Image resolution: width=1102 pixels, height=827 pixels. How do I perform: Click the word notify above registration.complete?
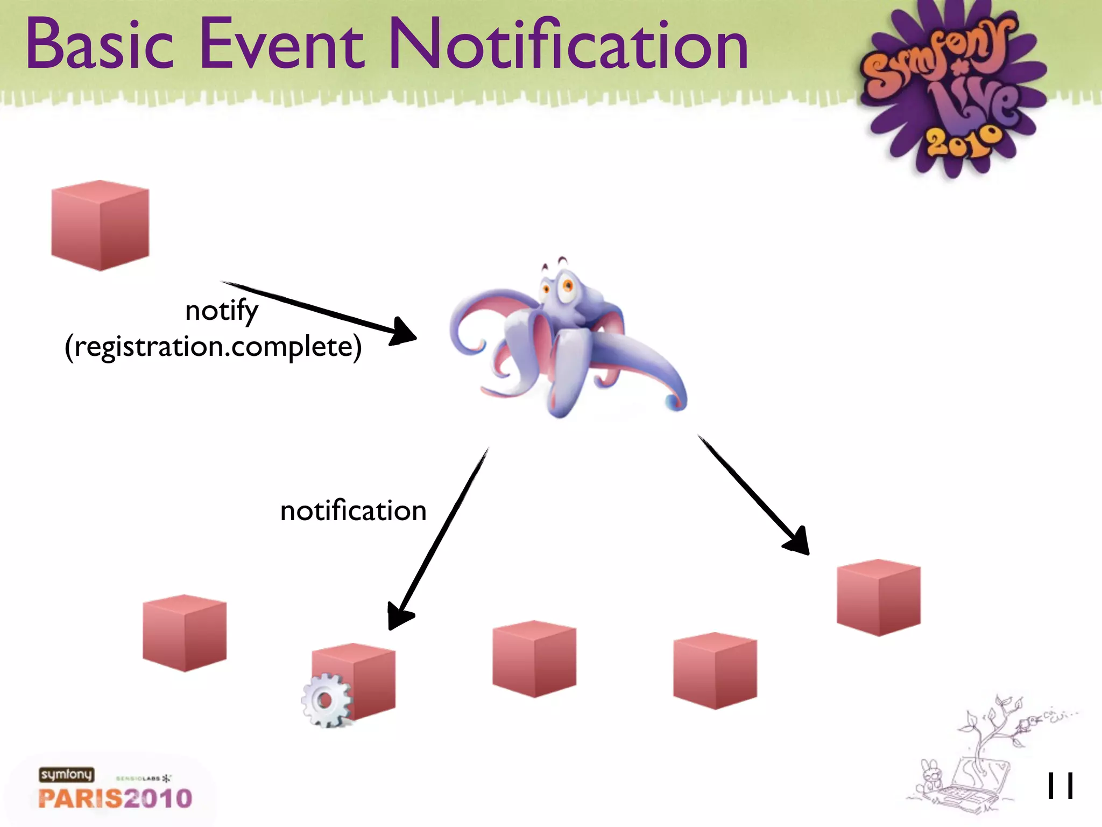coord(221,311)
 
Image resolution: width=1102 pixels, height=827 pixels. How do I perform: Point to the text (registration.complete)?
coord(213,347)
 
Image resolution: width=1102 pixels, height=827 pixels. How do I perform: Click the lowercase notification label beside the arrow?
coord(353,510)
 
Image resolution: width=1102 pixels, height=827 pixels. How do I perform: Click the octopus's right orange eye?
coord(567,285)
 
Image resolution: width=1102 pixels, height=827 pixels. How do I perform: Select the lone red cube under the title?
coord(100,226)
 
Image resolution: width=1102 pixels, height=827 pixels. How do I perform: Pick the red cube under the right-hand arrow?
coord(878,598)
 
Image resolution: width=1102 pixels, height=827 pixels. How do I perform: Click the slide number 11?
coord(1059,786)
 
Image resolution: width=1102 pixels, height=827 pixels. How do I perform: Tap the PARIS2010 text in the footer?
coord(115,798)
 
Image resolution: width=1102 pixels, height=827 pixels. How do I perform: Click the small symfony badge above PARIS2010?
coord(66,774)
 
